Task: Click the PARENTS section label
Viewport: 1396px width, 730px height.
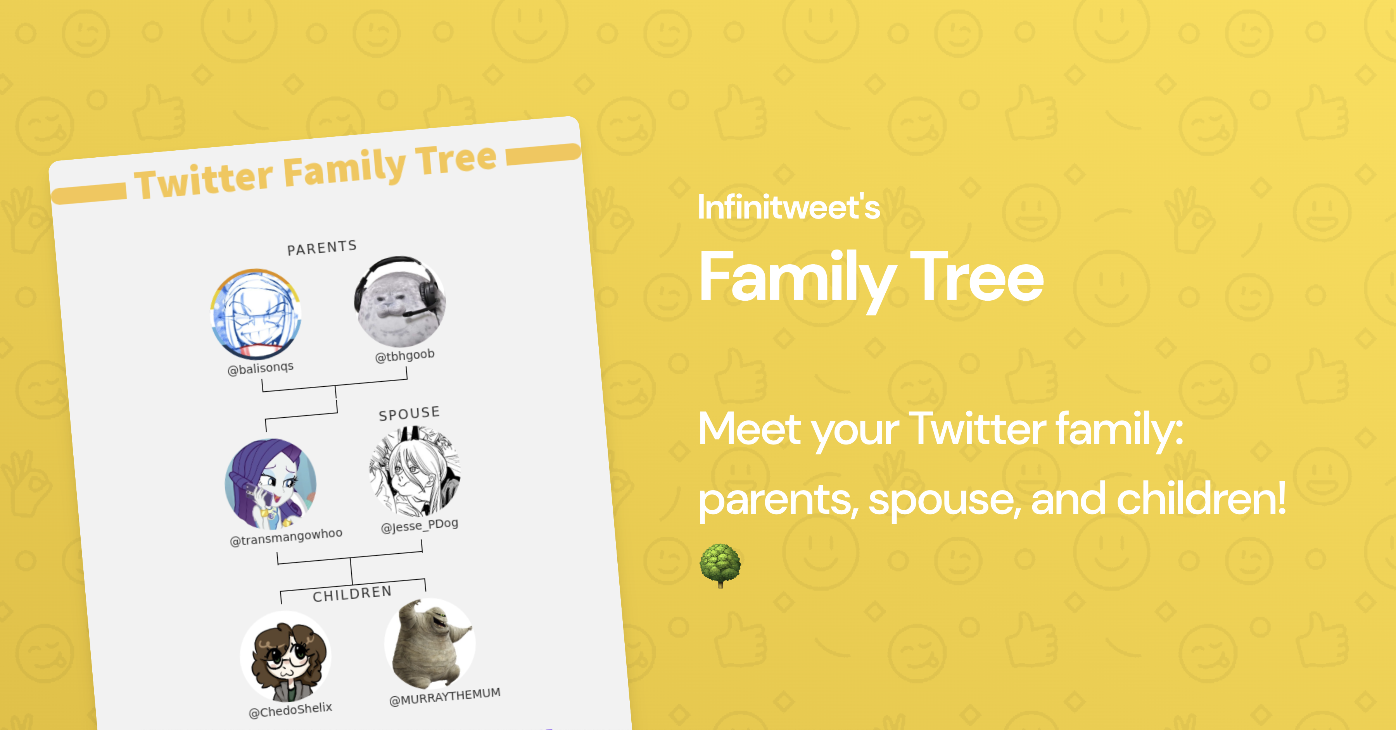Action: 322,248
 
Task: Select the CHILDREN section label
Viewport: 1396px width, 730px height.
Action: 352,594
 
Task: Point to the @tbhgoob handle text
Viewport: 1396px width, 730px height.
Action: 405,356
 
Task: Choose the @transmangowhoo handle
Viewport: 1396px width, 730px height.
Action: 286,537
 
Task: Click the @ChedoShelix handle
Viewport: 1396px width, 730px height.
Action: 290,710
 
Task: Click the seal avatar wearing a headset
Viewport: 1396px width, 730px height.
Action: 400,302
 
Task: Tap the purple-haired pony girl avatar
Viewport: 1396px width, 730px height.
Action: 270,484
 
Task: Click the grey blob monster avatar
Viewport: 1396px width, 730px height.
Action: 430,643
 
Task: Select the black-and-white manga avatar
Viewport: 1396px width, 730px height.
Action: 415,471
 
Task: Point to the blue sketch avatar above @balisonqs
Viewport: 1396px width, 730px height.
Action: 255,315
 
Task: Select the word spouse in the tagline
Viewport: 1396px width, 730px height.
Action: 941,499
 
